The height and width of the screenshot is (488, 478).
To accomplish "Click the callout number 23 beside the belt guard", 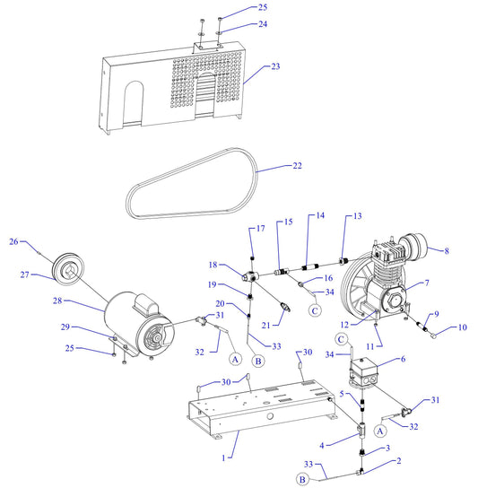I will [275, 66].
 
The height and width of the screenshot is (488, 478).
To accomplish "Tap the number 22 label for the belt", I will [297, 165].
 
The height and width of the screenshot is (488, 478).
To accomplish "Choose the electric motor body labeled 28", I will [135, 325].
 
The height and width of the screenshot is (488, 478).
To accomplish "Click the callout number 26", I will [13, 240].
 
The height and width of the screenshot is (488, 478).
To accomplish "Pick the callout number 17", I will [260, 229].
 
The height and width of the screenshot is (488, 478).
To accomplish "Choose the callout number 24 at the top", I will [263, 24].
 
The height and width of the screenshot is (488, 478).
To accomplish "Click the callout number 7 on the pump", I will [426, 283].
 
